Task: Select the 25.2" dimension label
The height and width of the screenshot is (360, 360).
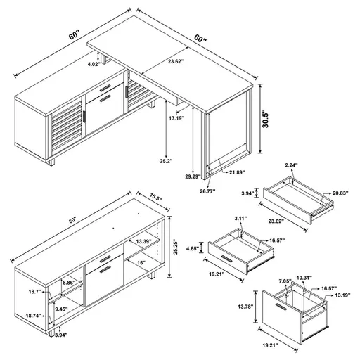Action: pos(165,160)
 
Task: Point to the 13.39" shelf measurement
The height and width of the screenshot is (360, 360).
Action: pos(145,242)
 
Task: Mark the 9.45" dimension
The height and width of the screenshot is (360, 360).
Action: pos(62,307)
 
